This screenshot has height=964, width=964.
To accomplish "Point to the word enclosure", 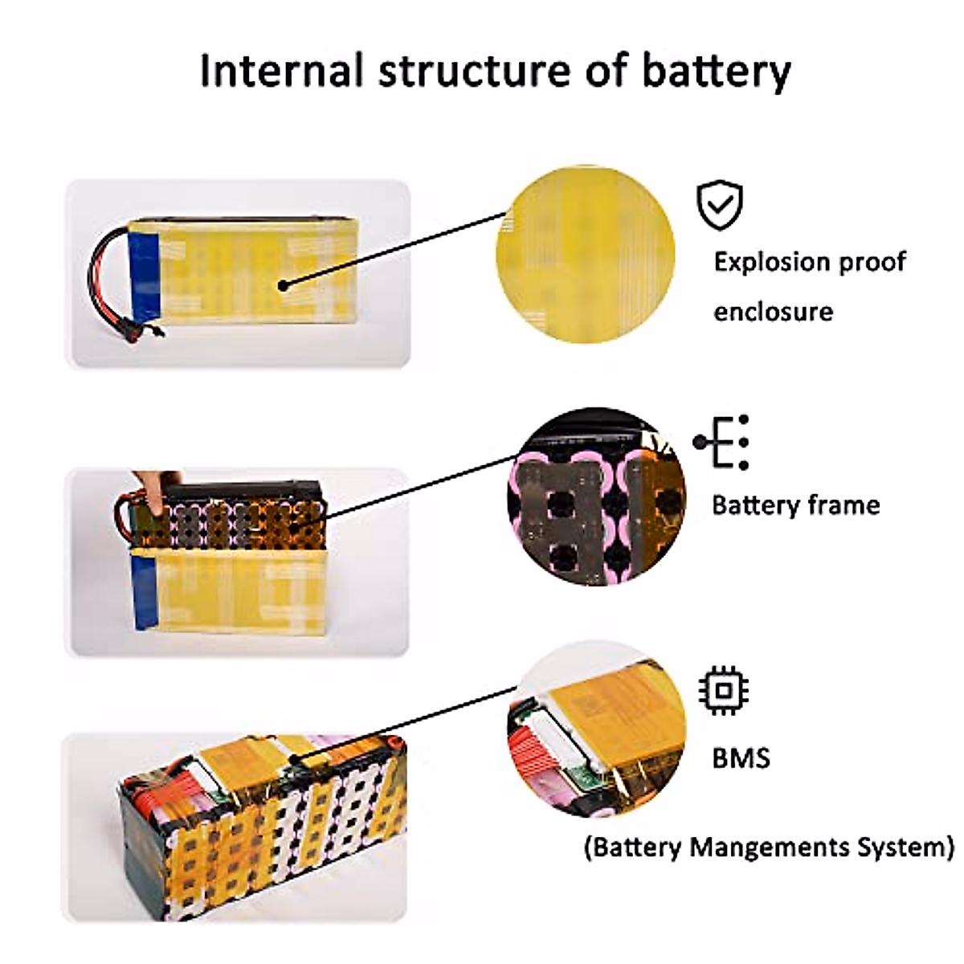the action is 774,312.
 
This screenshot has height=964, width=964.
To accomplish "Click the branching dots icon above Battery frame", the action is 721,442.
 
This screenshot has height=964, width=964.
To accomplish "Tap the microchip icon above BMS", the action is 723,691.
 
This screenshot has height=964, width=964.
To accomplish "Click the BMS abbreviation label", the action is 741,758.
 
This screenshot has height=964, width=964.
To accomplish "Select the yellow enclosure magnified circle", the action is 586,254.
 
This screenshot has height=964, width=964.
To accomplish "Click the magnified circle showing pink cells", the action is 596,496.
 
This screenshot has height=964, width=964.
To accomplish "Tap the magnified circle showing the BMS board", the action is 597,729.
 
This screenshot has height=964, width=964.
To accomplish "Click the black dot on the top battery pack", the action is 283,286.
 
